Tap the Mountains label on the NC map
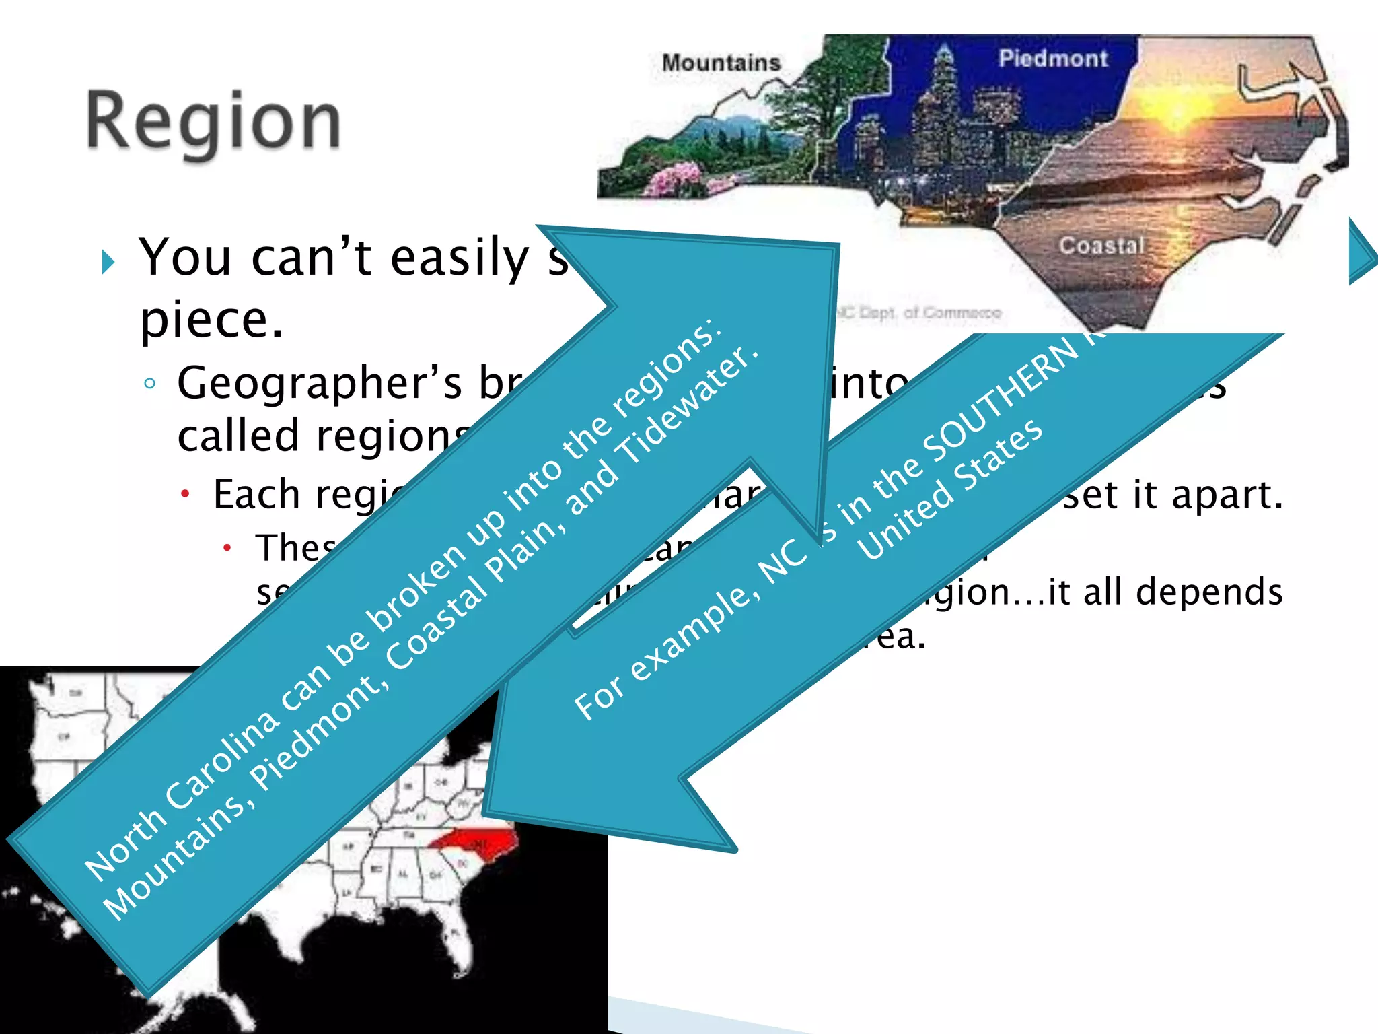coord(721,63)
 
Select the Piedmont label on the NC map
coord(1052,59)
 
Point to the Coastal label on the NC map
coord(1101,246)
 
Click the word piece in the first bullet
coord(211,319)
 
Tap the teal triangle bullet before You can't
coord(108,262)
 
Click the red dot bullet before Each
coord(185,495)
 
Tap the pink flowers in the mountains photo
coord(673,178)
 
